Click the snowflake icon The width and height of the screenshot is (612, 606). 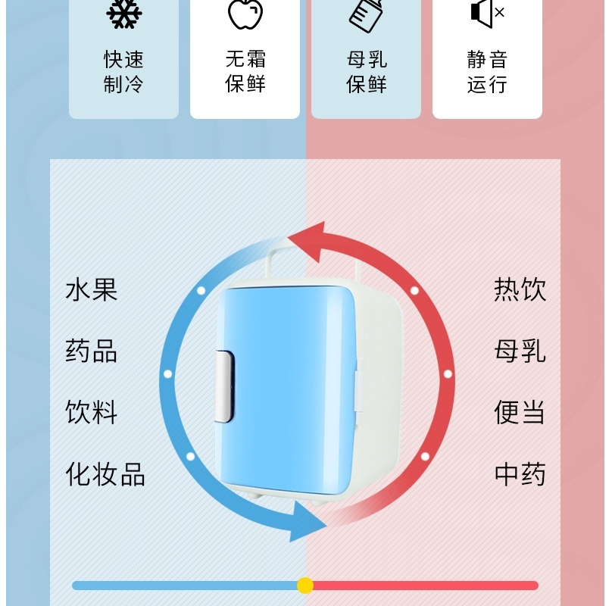123,13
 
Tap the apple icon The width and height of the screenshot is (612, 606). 245,13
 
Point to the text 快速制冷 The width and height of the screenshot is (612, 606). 123,71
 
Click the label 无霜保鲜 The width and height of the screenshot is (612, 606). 245,71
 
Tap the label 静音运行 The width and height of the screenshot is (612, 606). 487,71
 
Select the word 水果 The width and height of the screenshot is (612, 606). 92,289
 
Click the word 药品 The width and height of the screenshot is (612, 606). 92,351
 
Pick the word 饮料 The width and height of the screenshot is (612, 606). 92,413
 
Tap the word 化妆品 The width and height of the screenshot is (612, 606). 105,474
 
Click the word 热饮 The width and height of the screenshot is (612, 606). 520,289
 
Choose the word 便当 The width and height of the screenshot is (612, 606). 520,413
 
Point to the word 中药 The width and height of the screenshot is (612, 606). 520,474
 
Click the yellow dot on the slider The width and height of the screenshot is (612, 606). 305,586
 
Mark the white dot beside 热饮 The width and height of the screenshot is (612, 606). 414,290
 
